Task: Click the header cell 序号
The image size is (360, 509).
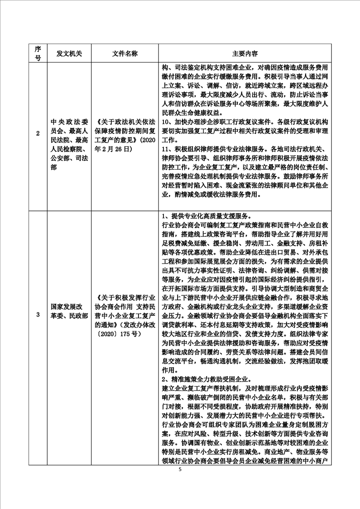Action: [38, 53]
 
